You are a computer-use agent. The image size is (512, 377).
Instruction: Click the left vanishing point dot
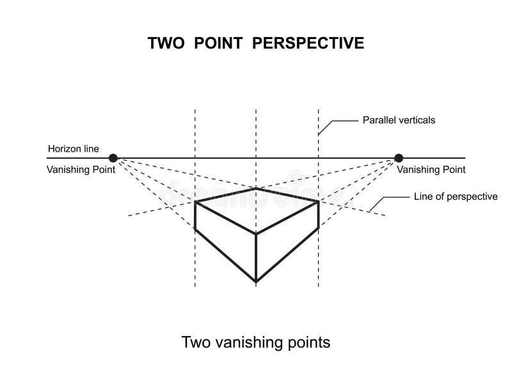click(113, 157)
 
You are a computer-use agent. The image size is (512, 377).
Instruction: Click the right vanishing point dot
click(399, 157)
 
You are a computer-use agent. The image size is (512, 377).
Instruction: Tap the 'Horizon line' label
click(73, 149)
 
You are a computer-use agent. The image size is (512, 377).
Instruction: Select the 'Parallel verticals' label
click(399, 120)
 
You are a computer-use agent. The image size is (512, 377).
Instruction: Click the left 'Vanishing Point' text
click(81, 170)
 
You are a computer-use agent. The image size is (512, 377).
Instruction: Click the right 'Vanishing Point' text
click(431, 170)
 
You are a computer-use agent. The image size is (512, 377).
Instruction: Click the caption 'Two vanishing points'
click(256, 342)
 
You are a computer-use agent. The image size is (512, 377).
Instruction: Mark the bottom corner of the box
click(256, 282)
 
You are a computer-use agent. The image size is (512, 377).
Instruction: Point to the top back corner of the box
click(256, 188)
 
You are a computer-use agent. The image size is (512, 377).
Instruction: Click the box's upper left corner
click(195, 202)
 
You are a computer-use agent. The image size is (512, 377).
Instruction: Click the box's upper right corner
click(318, 201)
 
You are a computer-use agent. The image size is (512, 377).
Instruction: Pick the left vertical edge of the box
click(195, 215)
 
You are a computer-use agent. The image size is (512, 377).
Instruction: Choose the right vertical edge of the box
click(318, 214)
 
